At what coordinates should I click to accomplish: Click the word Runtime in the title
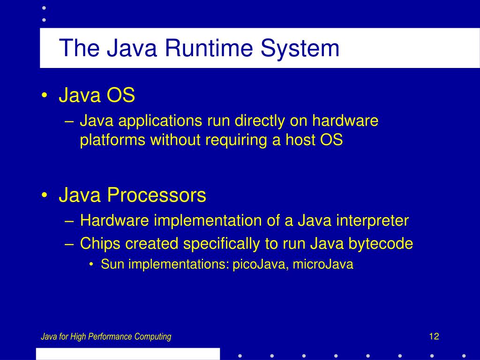click(x=196, y=48)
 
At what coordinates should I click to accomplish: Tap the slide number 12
click(x=434, y=336)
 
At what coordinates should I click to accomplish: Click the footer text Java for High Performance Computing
click(x=106, y=337)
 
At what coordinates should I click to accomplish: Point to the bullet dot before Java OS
click(x=44, y=96)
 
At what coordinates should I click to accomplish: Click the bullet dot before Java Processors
click(x=44, y=195)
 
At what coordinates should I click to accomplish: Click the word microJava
click(x=323, y=265)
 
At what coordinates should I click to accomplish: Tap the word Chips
click(x=99, y=244)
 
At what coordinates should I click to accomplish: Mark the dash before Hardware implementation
click(x=69, y=221)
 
